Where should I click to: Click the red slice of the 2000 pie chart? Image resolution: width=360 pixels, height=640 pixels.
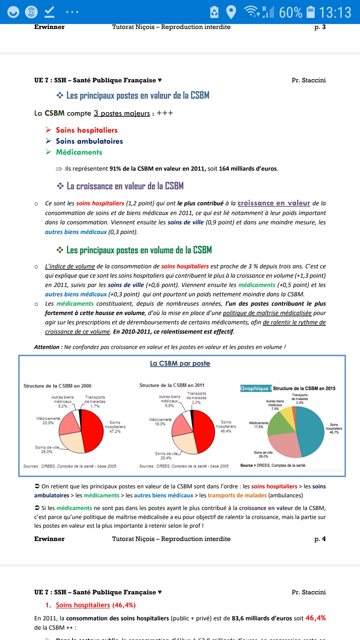pos(93,430)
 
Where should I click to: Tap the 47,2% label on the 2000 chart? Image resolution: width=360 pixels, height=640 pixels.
pos(115,431)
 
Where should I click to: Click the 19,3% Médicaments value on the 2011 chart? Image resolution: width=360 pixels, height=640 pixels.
pos(160,424)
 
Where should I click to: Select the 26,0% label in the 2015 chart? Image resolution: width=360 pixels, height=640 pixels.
pos(263,457)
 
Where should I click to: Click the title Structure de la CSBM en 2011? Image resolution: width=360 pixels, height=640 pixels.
pos(172,385)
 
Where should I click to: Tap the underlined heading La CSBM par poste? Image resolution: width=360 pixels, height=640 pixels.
pos(180,363)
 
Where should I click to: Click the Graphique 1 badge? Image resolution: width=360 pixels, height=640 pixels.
pos(256,388)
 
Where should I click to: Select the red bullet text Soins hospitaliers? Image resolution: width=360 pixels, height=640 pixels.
pos(87,130)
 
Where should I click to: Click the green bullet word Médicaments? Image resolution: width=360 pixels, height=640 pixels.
pos(79,152)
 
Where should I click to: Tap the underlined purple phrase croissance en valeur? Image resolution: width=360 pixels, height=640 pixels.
pos(274,203)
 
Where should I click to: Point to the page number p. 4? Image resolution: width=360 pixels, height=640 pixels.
pos(320,539)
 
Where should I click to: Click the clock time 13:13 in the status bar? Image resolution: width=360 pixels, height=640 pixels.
pos(335,13)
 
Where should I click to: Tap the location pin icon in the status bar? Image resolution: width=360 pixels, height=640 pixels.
pos(231,12)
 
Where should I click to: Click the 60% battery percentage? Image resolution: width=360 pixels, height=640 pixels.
pos(291,13)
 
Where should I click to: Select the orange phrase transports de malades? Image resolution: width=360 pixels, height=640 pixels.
pos(237,495)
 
